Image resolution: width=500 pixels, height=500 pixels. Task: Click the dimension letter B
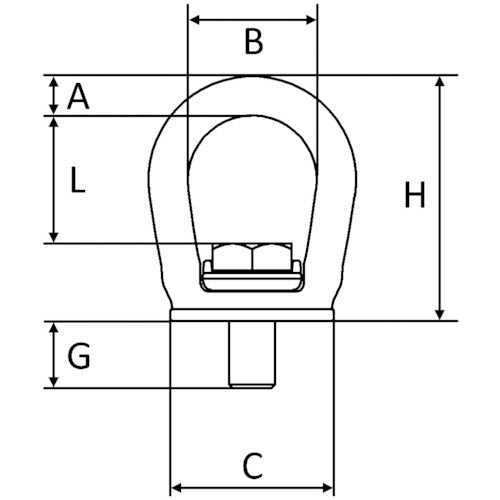point(253,42)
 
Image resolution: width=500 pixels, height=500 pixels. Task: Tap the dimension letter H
point(415,196)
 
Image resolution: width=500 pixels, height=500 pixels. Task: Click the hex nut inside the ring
point(252,257)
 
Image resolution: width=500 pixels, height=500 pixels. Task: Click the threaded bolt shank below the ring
point(252,353)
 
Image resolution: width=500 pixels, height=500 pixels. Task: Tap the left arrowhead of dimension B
point(193,19)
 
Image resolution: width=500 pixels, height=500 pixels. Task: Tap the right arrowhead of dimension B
point(312,19)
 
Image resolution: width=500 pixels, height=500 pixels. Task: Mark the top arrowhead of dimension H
point(440,81)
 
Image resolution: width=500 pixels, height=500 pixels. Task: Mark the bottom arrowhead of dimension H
point(440,315)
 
